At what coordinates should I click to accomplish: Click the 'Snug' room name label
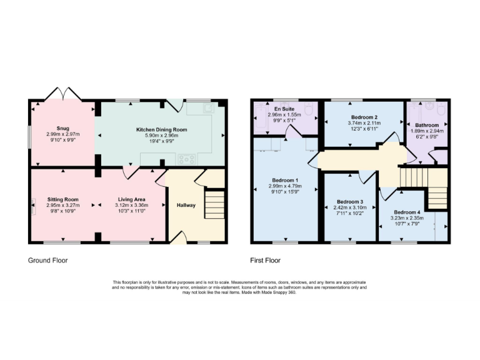pyautogui.click(x=62, y=128)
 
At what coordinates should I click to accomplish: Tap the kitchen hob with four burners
pyautogui.click(x=186, y=159)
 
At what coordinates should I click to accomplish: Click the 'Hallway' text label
pyautogui.click(x=186, y=205)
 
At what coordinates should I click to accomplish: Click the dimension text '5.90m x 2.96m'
pyautogui.click(x=162, y=136)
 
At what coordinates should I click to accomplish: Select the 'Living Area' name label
pyautogui.click(x=132, y=199)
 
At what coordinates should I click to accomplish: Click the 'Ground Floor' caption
pyautogui.click(x=48, y=260)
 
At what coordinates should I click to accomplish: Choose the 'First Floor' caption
pyautogui.click(x=266, y=260)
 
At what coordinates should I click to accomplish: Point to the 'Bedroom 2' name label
pyautogui.click(x=364, y=117)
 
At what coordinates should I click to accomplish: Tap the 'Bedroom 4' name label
pyautogui.click(x=407, y=212)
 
